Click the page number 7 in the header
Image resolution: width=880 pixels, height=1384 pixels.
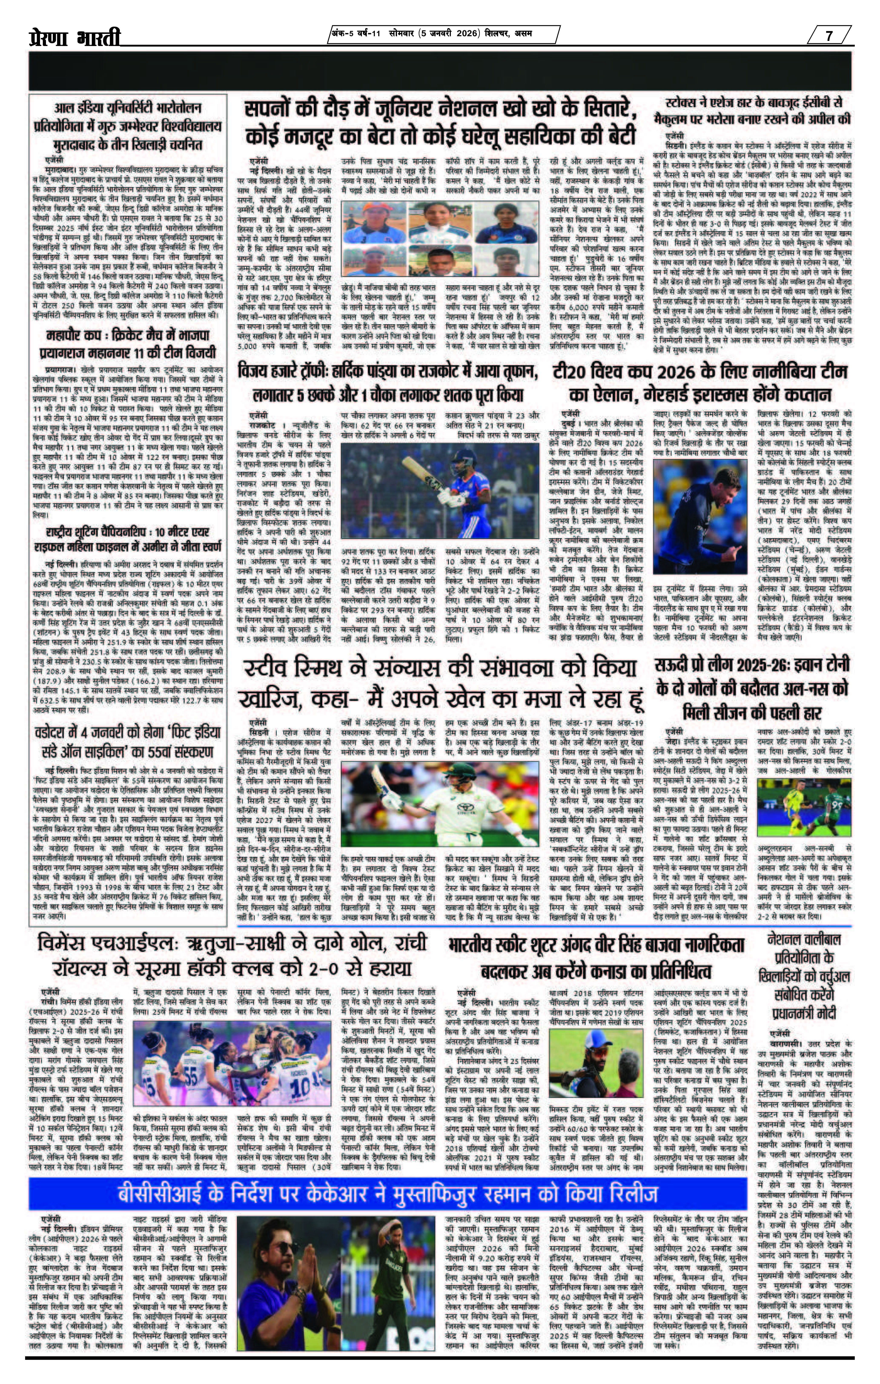(x=829, y=36)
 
